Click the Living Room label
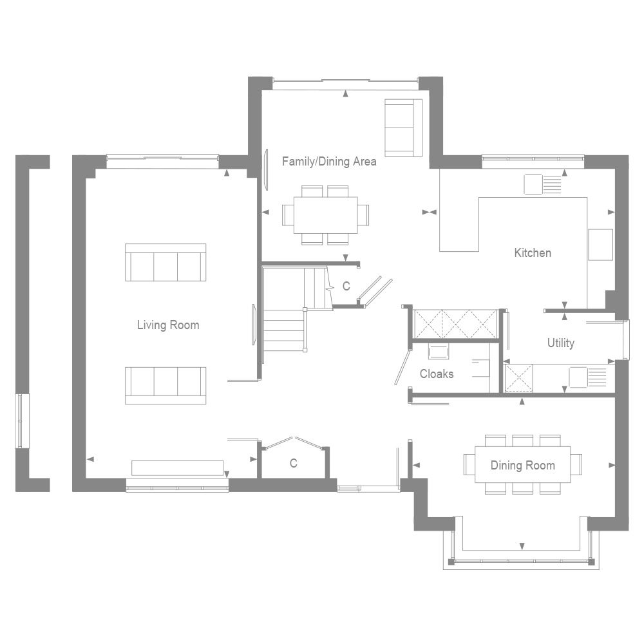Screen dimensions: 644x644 (167, 325)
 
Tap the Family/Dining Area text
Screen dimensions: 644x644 (329, 162)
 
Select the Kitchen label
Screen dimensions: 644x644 (533, 253)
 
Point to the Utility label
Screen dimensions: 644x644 (560, 343)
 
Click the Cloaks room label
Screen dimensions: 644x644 (437, 374)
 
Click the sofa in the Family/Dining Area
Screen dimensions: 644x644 (402, 128)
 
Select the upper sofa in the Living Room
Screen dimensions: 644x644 (166, 263)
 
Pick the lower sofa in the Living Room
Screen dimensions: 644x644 (166, 385)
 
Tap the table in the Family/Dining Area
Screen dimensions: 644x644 (326, 214)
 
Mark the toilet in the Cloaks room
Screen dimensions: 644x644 (439, 351)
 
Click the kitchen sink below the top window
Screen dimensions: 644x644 (543, 185)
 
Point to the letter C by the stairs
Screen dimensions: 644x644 (346, 286)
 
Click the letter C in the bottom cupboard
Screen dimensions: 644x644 (293, 463)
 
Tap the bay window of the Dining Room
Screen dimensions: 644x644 (522, 559)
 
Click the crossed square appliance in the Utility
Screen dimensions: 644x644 (518, 377)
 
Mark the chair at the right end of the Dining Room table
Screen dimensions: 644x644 (576, 464)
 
